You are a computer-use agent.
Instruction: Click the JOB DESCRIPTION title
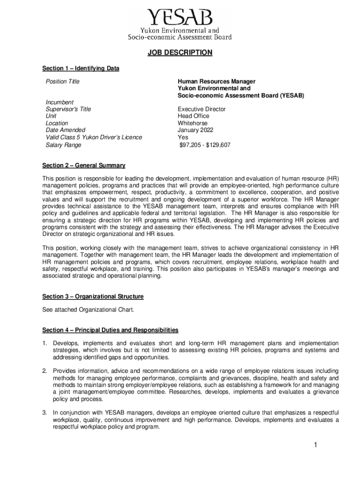pyautogui.click(x=180, y=53)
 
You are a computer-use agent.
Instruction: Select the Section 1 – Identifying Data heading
pyautogui.click(x=80, y=69)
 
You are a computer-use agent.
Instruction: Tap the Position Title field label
pyautogui.click(x=63, y=82)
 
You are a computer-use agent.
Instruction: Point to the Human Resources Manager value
pyautogui.click(x=216, y=82)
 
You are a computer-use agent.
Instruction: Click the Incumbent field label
pyautogui.click(x=59, y=102)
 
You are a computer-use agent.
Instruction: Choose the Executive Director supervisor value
pyautogui.click(x=202, y=109)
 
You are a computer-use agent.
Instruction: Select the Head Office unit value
pyautogui.click(x=193, y=116)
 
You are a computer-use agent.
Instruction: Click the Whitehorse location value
pyautogui.click(x=193, y=123)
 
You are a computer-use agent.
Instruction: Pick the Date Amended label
pyautogui.click(x=65, y=130)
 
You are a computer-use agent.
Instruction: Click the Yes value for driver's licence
pyautogui.click(x=183, y=138)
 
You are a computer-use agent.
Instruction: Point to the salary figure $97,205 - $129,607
pyautogui.click(x=205, y=145)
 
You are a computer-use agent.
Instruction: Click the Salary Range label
pyautogui.click(x=63, y=145)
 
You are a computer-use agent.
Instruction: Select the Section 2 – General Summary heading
pyautogui.click(x=84, y=166)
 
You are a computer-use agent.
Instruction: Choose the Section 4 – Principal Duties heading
pyautogui.click(x=110, y=330)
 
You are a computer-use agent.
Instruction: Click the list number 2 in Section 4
pyautogui.click(x=44, y=371)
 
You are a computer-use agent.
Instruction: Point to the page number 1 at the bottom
pyautogui.click(x=316, y=445)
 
